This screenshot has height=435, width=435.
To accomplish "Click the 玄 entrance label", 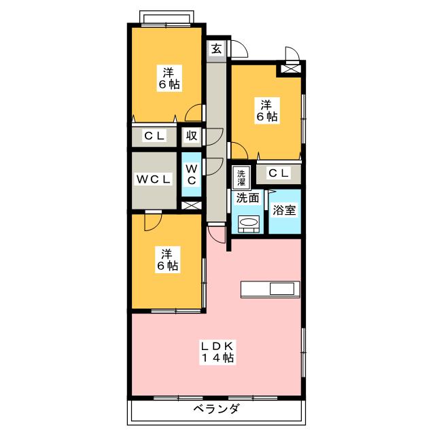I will [x=216, y=49].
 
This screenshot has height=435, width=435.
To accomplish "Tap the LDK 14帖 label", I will [x=217, y=352].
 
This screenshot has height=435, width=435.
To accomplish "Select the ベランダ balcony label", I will [x=216, y=409].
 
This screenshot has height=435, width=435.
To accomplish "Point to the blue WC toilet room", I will [x=192, y=173].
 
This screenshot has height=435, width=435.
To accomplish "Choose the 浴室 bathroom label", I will [x=284, y=211].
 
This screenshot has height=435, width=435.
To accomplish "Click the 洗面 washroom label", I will [x=247, y=198].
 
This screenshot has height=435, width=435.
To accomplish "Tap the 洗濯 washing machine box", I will [x=241, y=177].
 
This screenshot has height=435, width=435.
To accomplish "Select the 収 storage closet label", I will [x=192, y=135].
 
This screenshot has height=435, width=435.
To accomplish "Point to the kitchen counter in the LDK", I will [x=269, y=289].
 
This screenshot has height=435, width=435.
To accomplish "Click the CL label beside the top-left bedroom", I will [x=154, y=135].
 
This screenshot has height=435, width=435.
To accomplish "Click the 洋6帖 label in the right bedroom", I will [x=266, y=110].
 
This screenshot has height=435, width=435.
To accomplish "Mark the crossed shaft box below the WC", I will [x=192, y=205].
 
